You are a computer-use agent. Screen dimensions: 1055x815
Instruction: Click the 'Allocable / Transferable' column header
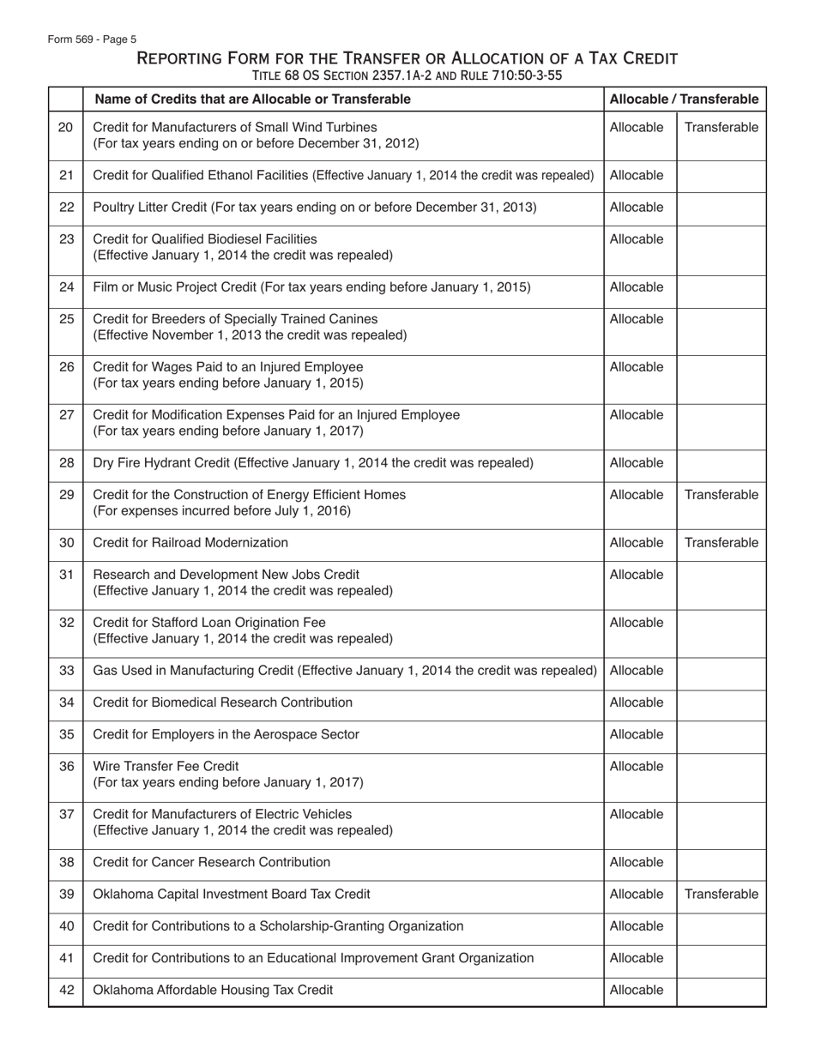[684, 99]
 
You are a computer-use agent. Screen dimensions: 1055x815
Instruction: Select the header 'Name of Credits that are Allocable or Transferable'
[252, 99]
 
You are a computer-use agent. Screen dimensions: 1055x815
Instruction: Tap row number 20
[66, 128]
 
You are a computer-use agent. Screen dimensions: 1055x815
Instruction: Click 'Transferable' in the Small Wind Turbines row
[721, 128]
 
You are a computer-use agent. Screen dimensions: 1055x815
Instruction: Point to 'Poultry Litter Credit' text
[154, 208]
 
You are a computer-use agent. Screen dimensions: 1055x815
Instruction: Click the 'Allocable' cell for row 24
[637, 287]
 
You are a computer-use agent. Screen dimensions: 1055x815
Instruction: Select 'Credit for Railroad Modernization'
[190, 543]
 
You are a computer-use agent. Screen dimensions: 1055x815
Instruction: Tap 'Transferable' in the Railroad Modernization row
[721, 543]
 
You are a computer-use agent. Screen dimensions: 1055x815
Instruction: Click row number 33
[66, 671]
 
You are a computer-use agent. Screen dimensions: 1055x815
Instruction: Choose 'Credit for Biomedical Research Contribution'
[222, 702]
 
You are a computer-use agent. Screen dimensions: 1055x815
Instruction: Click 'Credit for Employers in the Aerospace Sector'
[226, 734]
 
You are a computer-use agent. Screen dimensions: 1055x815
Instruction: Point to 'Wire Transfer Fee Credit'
[166, 766]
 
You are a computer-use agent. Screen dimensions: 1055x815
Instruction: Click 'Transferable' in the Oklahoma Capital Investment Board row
[721, 895]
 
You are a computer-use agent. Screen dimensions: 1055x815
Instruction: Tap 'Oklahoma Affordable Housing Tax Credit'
[213, 990]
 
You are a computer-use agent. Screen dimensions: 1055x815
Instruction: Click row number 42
[66, 990]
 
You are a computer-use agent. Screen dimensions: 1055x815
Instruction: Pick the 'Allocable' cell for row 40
[637, 926]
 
